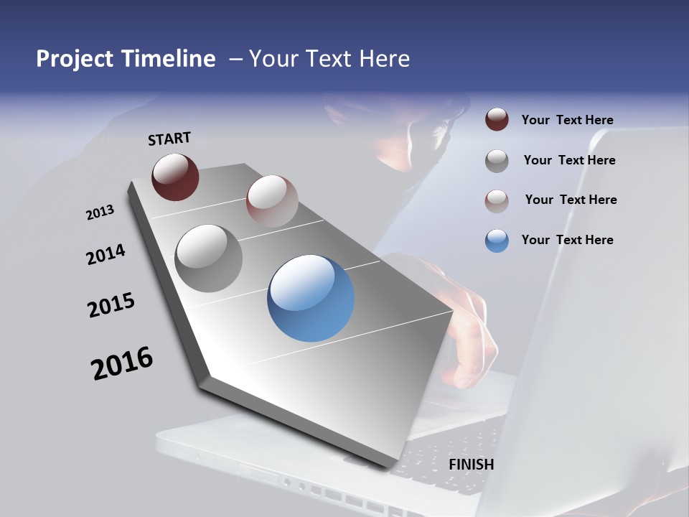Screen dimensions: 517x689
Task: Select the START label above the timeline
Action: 169,139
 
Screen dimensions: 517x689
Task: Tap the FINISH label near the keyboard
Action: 471,465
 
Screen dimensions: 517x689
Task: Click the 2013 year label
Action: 100,213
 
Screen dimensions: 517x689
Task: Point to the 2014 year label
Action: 106,255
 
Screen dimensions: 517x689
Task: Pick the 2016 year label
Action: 122,363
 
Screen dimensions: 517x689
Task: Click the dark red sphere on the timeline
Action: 175,177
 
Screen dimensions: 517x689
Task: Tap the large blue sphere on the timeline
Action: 311,298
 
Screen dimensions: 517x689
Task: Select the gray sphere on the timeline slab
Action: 208,258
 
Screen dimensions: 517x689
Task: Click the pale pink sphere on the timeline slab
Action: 272,201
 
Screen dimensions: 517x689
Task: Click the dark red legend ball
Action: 497,120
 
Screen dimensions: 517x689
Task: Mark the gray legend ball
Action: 497,161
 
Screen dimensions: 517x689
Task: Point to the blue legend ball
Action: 497,241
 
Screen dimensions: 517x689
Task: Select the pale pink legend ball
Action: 497,201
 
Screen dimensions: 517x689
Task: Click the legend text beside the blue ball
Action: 567,240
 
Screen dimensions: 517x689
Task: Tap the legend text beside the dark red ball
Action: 567,120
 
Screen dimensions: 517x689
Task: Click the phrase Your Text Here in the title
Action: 329,59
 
